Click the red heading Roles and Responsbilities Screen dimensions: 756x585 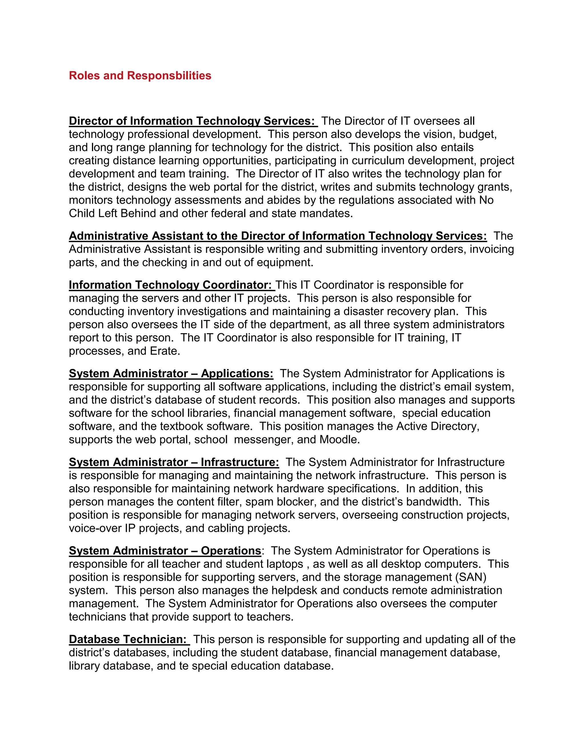pyautogui.click(x=140, y=76)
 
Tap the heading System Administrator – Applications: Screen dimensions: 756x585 pyautogui.click(x=171, y=373)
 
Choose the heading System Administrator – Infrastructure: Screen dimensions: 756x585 pyautogui.click(x=174, y=462)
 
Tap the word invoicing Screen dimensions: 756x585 pyautogui.click(x=491, y=249)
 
